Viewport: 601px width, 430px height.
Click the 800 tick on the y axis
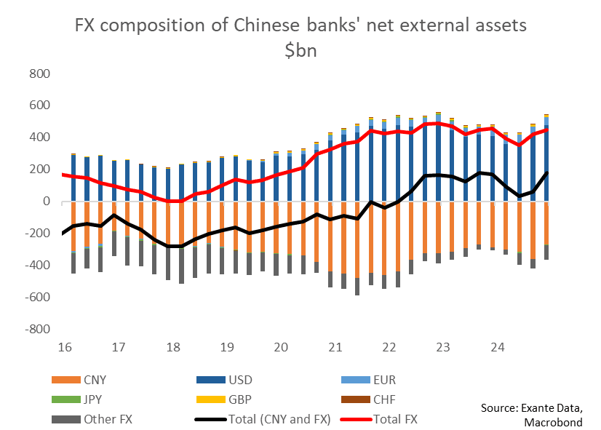[x=38, y=73]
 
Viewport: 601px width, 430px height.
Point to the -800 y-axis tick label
[x=36, y=329]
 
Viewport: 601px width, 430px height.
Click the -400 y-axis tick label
[x=36, y=266]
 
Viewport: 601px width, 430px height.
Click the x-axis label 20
[x=280, y=346]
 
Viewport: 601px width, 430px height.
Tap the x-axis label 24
[x=495, y=346]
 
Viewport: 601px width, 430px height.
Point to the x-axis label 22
[x=388, y=346]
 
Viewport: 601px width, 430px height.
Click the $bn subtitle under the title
[x=300, y=50]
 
